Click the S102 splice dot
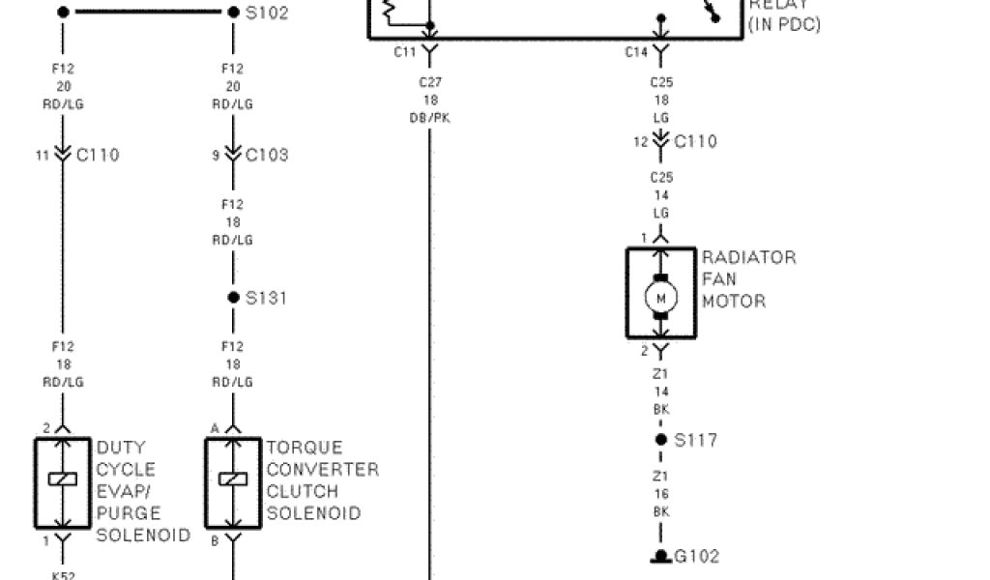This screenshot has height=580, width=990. [x=233, y=13]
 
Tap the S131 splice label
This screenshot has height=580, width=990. [x=266, y=298]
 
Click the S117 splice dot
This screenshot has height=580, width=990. [x=661, y=440]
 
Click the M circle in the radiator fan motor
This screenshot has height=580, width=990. [x=661, y=298]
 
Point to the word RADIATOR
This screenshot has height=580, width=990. [x=748, y=258]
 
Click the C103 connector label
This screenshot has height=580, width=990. [x=267, y=155]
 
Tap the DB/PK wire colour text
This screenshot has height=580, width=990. [x=429, y=118]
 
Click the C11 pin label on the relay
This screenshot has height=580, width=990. [x=405, y=52]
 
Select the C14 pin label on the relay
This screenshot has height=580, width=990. [x=635, y=52]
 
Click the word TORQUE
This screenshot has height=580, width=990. [x=305, y=449]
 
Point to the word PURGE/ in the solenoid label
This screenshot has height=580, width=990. [x=129, y=513]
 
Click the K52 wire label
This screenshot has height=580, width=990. [x=63, y=573]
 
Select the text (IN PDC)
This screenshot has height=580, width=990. [x=784, y=24]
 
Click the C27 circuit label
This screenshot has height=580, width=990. [x=429, y=83]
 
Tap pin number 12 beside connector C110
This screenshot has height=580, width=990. [x=640, y=142]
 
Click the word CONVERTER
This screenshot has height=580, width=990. [x=322, y=470]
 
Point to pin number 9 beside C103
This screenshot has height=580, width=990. [x=217, y=155]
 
